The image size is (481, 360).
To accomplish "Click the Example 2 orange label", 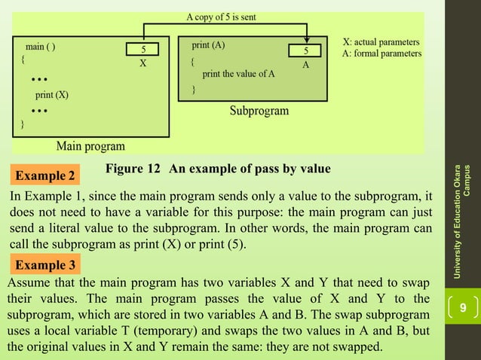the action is click(x=45, y=177).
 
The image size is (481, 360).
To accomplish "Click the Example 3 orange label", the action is click(x=45, y=266).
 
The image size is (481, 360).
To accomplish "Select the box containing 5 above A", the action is click(x=305, y=50).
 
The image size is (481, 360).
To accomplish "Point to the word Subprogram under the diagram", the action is click(x=259, y=111).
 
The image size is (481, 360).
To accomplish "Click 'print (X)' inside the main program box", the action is click(x=52, y=95).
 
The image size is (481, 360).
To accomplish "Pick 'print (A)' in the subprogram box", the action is click(x=208, y=44).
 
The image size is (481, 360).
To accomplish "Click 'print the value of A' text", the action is click(x=238, y=74).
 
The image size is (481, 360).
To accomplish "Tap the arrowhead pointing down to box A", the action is click(x=305, y=40).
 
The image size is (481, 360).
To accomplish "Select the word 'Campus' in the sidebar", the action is click(x=469, y=180).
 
